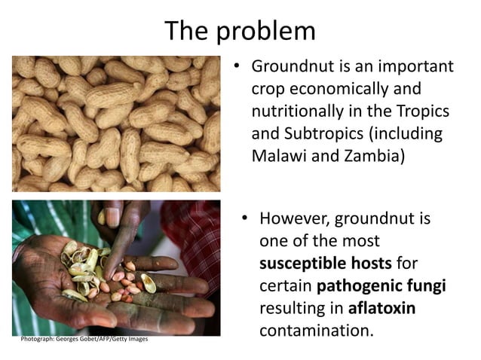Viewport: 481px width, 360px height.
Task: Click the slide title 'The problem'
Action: [x=240, y=31]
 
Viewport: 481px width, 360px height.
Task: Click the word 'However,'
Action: [x=294, y=218]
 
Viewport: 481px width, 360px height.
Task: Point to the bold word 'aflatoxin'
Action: [x=382, y=309]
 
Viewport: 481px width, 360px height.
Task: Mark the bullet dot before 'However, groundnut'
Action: [x=245, y=218]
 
